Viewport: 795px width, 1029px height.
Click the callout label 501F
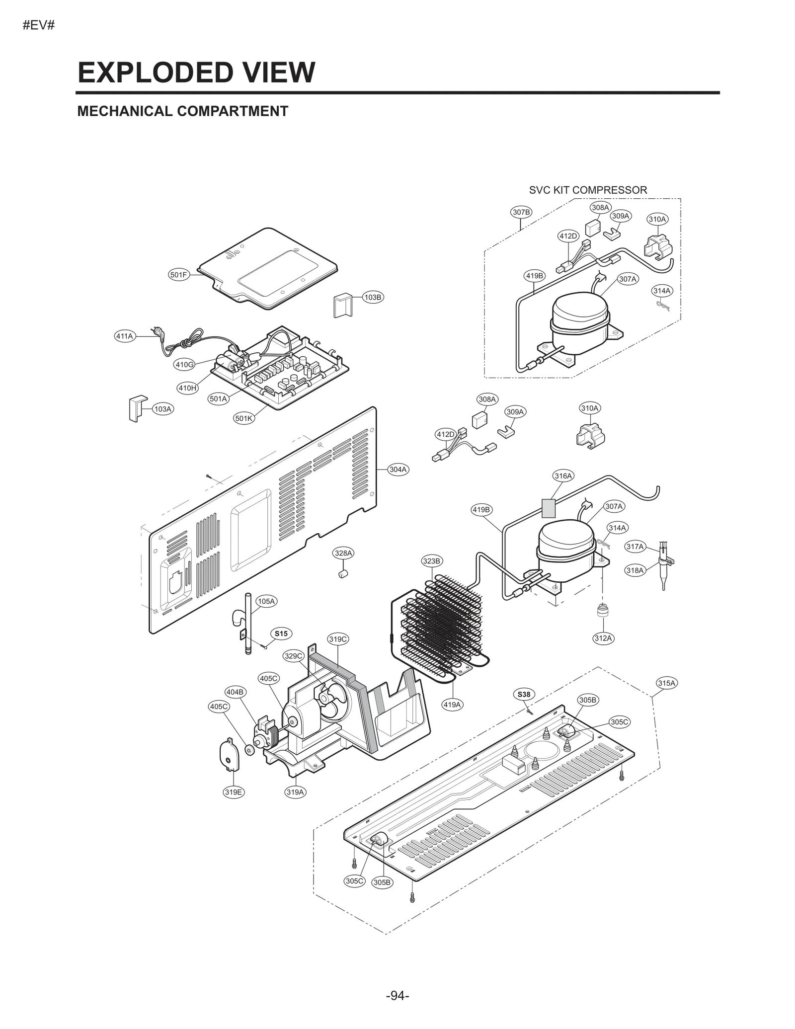(178, 275)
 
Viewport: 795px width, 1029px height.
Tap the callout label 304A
(397, 469)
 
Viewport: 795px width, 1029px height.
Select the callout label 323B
(431, 561)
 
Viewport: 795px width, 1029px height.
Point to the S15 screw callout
(281, 633)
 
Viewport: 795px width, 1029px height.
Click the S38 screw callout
(524, 694)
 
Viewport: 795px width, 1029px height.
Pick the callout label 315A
(667, 683)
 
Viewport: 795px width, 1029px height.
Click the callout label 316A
(563, 475)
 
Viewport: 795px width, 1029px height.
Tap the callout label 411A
(124, 336)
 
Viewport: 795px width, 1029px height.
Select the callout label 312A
(603, 638)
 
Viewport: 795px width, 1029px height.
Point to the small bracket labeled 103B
(342, 305)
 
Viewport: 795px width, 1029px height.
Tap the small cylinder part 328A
(342, 574)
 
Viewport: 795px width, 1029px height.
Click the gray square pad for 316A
(548, 509)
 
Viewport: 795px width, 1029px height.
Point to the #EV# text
(38, 25)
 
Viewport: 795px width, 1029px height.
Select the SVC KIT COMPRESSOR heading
(588, 190)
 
